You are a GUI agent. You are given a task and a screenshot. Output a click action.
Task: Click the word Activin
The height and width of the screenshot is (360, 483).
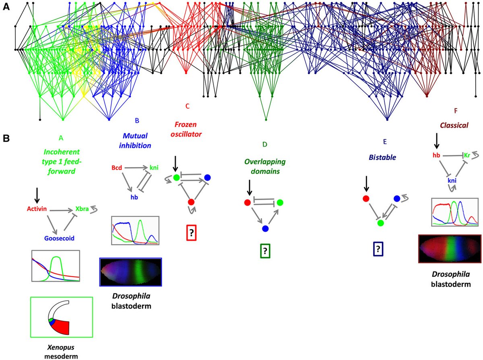[37, 209]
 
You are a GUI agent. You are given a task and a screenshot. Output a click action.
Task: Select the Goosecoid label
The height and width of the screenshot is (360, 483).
[59, 238]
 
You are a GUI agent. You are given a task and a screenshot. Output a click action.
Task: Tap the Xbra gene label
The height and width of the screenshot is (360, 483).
[82, 209]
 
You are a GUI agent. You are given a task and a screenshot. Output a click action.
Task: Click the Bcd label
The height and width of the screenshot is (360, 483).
[116, 168]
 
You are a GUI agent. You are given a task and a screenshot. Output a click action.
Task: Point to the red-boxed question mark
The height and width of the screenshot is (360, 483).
[192, 232]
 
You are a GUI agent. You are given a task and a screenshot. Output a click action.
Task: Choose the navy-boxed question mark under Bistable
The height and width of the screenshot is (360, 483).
[378, 248]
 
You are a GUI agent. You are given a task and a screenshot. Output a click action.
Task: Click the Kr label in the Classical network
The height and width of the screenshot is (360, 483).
[467, 155]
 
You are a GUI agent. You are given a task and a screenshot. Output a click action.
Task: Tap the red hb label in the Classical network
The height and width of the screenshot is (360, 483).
[436, 155]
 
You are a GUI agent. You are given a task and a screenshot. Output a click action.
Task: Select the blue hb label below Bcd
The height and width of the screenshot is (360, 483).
[134, 197]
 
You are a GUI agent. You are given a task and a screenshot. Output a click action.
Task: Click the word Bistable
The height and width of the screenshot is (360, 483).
[382, 157]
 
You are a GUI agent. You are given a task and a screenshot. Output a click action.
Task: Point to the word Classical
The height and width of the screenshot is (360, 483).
[454, 125]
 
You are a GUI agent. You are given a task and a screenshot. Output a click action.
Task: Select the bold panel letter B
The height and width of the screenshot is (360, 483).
[6, 139]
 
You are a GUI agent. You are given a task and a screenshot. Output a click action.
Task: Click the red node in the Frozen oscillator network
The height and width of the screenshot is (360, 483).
[191, 202]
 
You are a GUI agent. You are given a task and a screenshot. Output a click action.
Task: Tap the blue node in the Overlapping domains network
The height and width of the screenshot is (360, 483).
[265, 229]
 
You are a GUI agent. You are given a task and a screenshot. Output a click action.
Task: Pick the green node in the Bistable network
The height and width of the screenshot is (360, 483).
[380, 223]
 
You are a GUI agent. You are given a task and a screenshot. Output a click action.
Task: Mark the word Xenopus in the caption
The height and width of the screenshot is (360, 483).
[61, 347]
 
